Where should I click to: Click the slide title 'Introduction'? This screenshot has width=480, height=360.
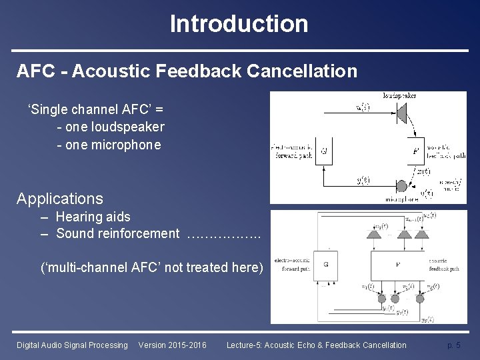click(x=239, y=24)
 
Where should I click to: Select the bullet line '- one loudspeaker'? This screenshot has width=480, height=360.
click(x=111, y=127)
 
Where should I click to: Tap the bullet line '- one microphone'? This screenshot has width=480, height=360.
click(x=109, y=144)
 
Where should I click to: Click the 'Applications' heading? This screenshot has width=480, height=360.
click(x=60, y=199)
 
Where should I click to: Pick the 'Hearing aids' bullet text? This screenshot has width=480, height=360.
click(x=93, y=217)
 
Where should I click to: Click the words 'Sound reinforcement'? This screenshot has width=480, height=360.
click(x=118, y=233)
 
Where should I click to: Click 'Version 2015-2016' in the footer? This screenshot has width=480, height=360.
click(x=172, y=345)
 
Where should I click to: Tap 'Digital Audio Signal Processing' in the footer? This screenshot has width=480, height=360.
click(x=72, y=345)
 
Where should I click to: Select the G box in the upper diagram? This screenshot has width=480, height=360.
click(x=324, y=151)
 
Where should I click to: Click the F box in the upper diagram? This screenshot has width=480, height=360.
click(x=415, y=151)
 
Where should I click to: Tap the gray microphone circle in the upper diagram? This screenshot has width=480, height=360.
click(x=401, y=186)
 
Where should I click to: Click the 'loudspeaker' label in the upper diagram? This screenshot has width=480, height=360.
click(x=400, y=95)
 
